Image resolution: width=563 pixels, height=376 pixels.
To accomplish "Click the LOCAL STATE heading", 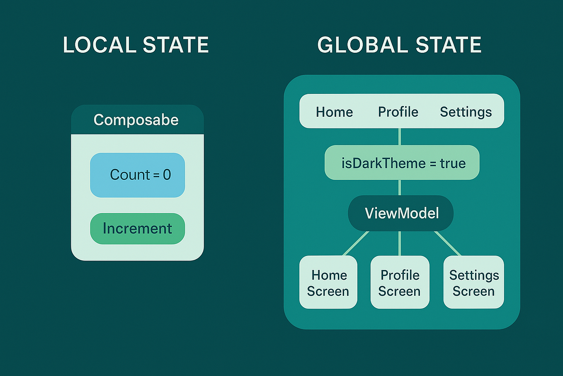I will click(136, 45).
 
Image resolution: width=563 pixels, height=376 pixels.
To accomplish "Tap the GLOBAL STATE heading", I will click(399, 45).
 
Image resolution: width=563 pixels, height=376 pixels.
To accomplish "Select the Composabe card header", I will click(137, 120).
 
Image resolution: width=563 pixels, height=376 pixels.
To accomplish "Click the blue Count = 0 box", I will click(137, 175).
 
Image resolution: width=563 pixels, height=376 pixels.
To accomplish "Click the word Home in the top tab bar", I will click(334, 112).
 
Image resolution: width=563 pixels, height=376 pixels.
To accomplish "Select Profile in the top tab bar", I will click(398, 112).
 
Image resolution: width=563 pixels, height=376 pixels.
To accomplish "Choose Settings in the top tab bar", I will click(466, 112).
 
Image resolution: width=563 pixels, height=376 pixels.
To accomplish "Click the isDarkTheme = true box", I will click(402, 163).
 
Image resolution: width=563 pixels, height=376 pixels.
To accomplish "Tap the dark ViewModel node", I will click(400, 213).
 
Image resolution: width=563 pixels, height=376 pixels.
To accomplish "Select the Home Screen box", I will click(328, 283).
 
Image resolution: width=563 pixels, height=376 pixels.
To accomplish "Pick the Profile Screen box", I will click(400, 283).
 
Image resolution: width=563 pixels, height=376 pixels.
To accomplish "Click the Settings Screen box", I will click(473, 283).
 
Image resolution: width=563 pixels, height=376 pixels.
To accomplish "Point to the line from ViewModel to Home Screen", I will click(356, 243).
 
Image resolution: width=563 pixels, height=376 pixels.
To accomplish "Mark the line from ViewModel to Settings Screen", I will click(448, 243).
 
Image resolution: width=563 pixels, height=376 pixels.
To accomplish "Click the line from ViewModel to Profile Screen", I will click(400, 243).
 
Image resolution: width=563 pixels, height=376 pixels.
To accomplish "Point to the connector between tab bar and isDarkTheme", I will click(400, 137).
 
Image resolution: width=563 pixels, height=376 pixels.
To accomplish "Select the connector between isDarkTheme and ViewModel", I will click(400, 187).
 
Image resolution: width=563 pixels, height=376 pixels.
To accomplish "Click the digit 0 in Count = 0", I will click(167, 175).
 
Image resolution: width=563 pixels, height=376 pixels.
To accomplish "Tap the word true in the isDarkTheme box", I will click(453, 163).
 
